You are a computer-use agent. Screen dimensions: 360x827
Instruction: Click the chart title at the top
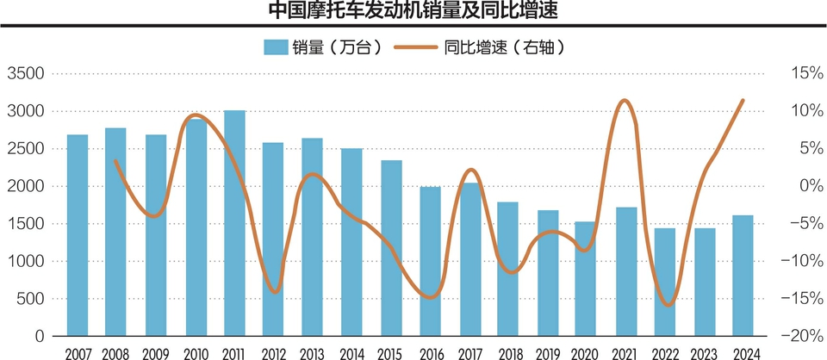point(413,11)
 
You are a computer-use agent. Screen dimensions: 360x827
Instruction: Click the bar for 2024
point(743,275)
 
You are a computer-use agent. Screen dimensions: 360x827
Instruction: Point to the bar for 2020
point(587,278)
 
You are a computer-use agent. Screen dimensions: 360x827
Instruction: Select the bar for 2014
point(351,241)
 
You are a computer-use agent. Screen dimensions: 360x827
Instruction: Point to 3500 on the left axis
point(27,74)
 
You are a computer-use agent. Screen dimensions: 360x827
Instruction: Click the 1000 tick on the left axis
point(27,262)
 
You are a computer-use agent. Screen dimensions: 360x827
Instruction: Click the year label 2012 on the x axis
point(274,351)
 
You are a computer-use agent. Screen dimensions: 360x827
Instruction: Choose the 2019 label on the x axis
point(548,351)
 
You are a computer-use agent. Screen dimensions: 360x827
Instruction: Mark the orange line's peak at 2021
point(625,101)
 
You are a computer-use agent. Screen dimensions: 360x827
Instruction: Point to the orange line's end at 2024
point(743,101)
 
